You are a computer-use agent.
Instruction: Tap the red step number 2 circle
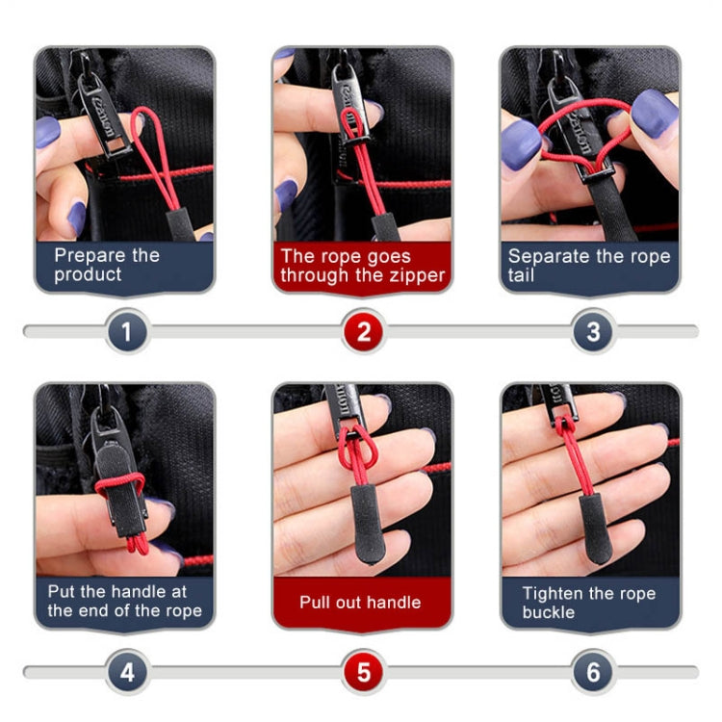point(363,332)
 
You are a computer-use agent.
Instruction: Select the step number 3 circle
point(593,332)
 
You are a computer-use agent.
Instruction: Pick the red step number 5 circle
point(363,671)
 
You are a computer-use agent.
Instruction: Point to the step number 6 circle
point(593,671)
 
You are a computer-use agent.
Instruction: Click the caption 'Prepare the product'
point(106,265)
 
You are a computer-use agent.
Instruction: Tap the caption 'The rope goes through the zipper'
point(362,266)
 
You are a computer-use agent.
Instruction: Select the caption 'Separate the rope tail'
point(588,266)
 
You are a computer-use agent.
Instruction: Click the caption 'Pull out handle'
point(360,603)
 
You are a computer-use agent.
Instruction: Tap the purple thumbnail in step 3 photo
point(654,113)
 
